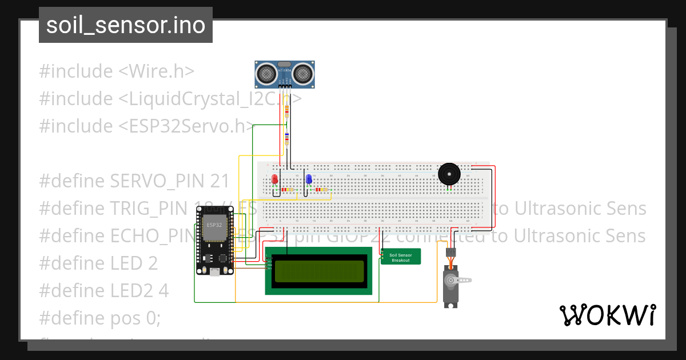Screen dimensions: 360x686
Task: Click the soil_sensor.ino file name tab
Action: click(126, 25)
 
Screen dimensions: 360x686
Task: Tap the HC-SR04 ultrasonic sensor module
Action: click(284, 73)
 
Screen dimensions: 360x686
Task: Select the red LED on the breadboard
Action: click(275, 179)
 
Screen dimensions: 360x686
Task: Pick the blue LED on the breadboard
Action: click(309, 179)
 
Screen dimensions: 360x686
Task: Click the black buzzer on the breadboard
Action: click(449, 174)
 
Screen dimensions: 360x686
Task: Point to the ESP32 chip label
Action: click(214, 224)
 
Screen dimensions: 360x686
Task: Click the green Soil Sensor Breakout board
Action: click(400, 257)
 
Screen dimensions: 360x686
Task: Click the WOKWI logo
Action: click(608, 315)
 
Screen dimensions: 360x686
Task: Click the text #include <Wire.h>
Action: click(117, 71)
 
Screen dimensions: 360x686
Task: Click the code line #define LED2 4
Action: click(103, 291)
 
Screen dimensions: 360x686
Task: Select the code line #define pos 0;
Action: click(99, 318)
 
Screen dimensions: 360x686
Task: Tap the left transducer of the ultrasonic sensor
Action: click(266, 73)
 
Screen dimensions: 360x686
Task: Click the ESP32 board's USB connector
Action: click(214, 273)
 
